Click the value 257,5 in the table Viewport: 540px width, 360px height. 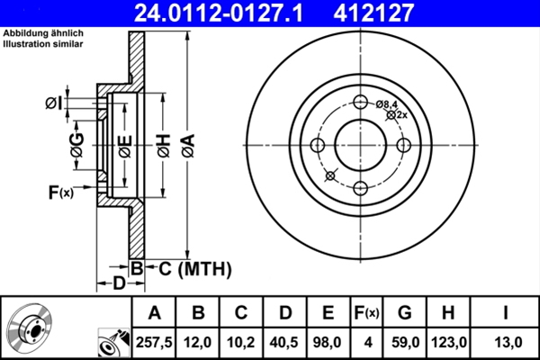[x=155, y=342]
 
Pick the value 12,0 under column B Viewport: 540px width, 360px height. [x=199, y=342]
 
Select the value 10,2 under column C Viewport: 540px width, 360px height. [x=242, y=342]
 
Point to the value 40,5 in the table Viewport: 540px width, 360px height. [x=285, y=342]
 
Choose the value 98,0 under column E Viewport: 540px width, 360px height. [x=328, y=342]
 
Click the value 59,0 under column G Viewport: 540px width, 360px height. [x=405, y=342]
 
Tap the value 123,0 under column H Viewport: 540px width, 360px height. [x=451, y=342]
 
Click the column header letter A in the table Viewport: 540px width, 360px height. [x=155, y=313]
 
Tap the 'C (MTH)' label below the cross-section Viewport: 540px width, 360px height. [x=188, y=268]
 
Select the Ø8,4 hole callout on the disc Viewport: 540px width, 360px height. [x=388, y=105]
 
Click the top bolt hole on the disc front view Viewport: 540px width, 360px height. [x=361, y=103]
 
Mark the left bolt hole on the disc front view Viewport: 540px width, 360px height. [x=318, y=146]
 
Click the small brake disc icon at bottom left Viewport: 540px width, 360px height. [x=29, y=329]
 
